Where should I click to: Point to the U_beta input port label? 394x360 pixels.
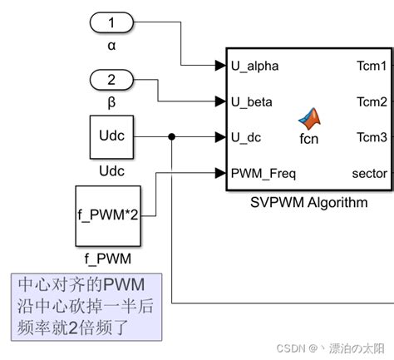249,101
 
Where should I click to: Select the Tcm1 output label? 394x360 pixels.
372,65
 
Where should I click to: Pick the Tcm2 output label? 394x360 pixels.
372,101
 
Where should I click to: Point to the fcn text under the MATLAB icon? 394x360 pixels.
309,139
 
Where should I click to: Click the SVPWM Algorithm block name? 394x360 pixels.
308,202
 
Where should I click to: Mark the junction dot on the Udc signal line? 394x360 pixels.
171,137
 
